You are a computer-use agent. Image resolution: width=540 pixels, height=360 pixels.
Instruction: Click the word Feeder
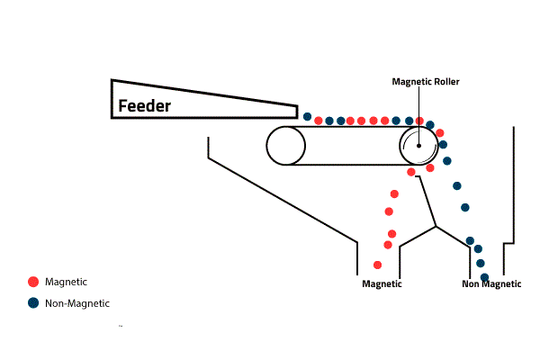[145, 106]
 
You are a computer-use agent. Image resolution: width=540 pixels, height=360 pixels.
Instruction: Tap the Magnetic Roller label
[426, 81]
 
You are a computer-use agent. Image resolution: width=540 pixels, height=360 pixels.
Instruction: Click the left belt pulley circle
[286, 145]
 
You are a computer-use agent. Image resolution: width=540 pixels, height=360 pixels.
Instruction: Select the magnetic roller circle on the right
[419, 145]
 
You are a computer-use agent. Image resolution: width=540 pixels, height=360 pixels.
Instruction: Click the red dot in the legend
[33, 282]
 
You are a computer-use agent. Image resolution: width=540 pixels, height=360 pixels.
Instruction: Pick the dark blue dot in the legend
[33, 303]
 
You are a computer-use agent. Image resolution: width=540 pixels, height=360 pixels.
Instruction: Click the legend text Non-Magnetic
[76, 303]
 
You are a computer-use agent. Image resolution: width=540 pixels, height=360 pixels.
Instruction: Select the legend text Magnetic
[66, 282]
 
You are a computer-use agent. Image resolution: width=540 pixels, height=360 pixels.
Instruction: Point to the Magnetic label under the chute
[382, 284]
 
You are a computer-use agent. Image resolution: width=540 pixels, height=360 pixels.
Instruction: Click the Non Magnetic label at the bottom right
[491, 284]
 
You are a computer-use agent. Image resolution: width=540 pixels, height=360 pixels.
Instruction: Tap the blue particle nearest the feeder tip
[308, 117]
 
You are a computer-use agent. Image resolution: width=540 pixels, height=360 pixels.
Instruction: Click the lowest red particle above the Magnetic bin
[377, 265]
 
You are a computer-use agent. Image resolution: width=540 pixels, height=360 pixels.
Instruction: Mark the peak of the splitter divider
[436, 226]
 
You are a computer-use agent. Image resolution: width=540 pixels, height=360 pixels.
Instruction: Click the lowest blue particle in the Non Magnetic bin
[484, 276]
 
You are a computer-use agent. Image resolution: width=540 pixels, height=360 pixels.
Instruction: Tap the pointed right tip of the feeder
[296, 111]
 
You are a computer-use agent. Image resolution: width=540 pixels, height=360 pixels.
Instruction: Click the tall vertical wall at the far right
[513, 180]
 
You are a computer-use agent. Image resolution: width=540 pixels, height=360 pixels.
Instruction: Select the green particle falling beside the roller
[447, 160]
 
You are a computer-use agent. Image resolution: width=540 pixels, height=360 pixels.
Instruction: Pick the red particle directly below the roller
[411, 171]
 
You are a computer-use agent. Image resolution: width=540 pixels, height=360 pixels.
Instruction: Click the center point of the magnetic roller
[419, 145]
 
